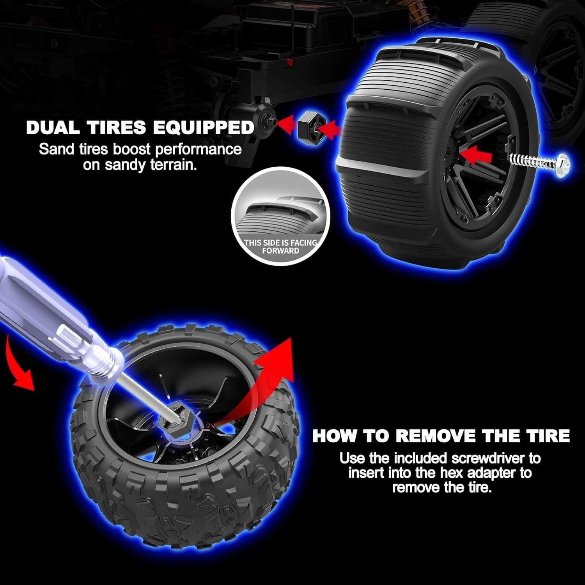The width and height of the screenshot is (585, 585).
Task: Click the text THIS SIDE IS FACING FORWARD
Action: [280, 246]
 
